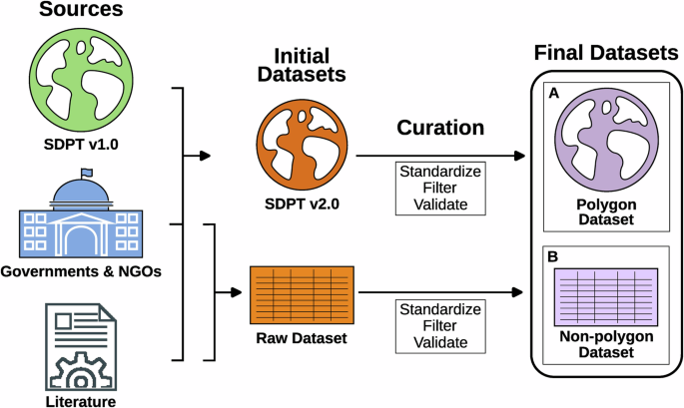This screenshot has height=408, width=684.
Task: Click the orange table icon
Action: point(299,293)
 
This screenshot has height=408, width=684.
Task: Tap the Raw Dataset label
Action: point(299,338)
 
